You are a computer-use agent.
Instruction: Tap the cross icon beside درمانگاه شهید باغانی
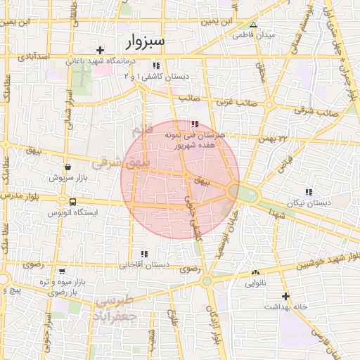pos(101,50)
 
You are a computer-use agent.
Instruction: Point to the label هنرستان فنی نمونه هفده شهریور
pos(193,138)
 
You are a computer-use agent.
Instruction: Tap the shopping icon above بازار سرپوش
pos(67,167)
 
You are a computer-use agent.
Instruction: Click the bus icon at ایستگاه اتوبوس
pos(73,202)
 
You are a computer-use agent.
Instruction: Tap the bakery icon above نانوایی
pos(255,273)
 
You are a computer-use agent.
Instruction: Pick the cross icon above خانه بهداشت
pos(285,296)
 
